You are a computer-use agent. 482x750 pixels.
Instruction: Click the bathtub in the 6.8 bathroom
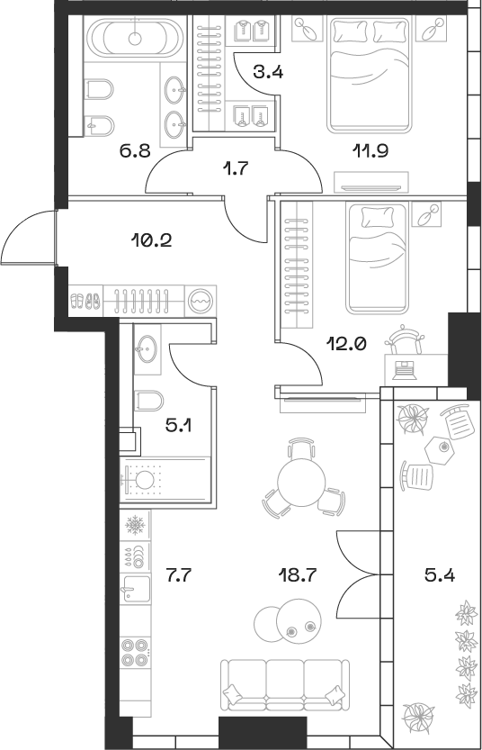coord(135,39)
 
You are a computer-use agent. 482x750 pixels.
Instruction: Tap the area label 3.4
coord(268,73)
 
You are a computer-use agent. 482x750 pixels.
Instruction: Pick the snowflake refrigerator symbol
coord(135,523)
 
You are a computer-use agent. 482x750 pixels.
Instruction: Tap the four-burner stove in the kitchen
coord(135,652)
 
